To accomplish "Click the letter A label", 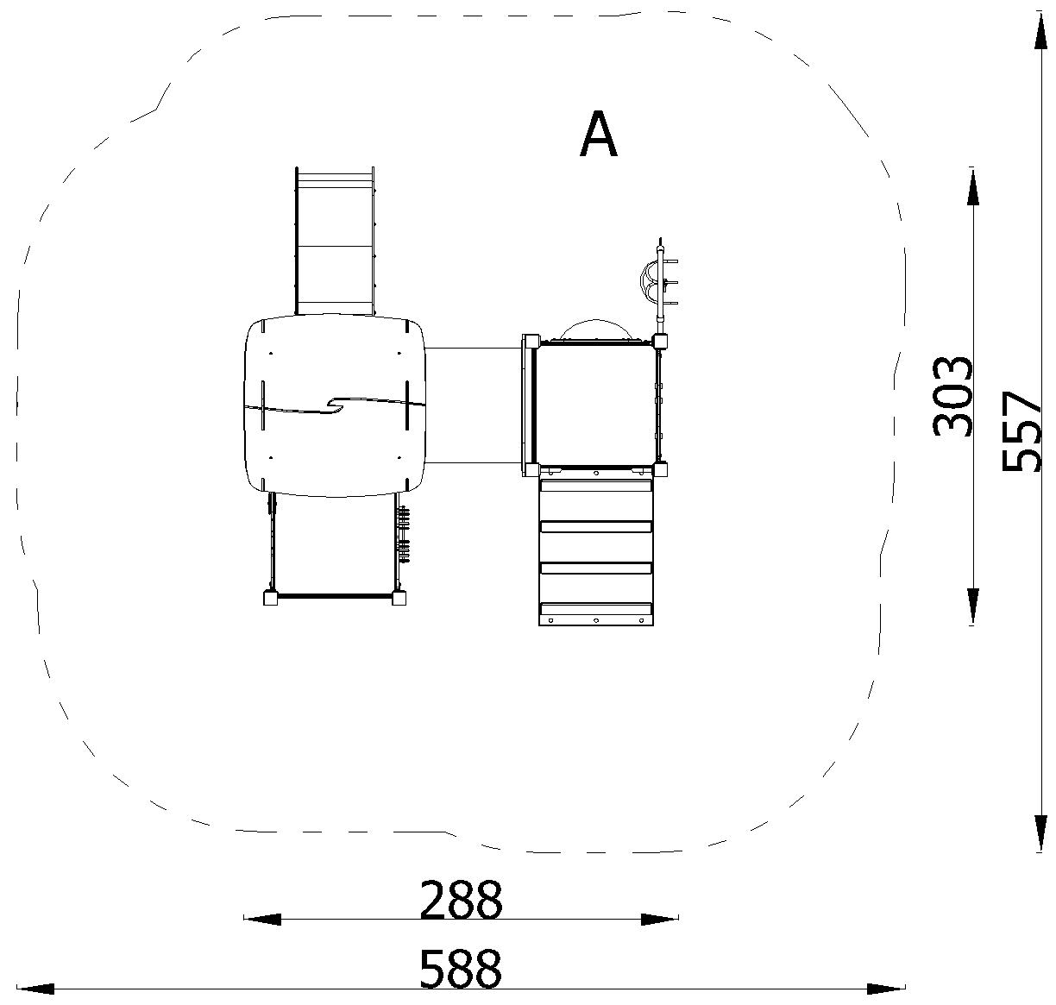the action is [598, 134].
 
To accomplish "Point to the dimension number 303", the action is [952, 397].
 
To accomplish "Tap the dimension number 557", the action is [1021, 430].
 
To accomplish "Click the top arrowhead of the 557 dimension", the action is [1040, 31].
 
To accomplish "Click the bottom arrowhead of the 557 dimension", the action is [1040, 833].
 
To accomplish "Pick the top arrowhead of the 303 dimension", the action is [972, 186].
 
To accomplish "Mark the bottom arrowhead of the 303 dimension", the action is [972, 606].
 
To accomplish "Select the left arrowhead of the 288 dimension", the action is [262, 919].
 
